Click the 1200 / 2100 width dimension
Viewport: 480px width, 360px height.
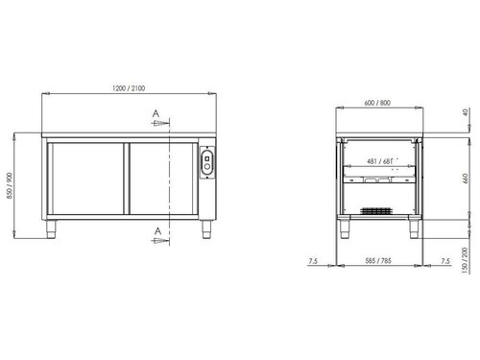[x=131, y=87]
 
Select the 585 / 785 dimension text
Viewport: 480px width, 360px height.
[x=376, y=260]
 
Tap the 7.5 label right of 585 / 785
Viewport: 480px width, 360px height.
[x=443, y=260]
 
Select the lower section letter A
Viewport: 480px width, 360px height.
[x=154, y=230]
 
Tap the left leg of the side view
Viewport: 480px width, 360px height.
[x=342, y=229]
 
